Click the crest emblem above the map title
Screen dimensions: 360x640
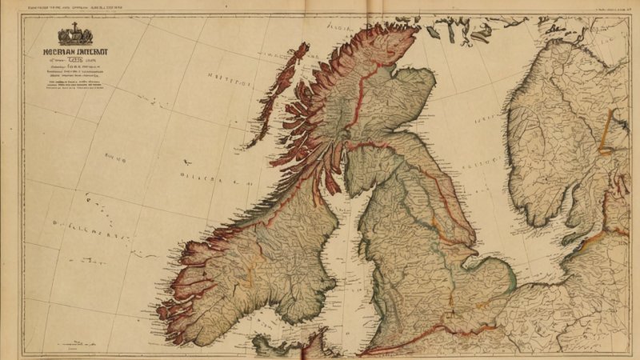(x=74, y=35)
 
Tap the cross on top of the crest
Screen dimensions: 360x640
(x=74, y=26)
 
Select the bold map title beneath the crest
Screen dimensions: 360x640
(x=74, y=50)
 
